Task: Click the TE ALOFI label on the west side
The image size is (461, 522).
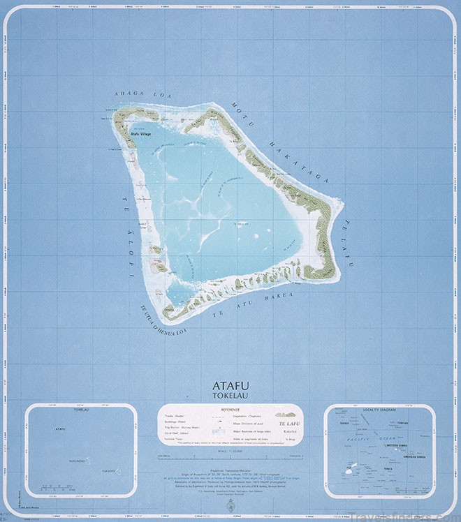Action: coord(134,234)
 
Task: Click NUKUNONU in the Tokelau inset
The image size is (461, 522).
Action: coord(78,461)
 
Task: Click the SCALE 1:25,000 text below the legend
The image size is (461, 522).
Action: coord(230,454)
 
